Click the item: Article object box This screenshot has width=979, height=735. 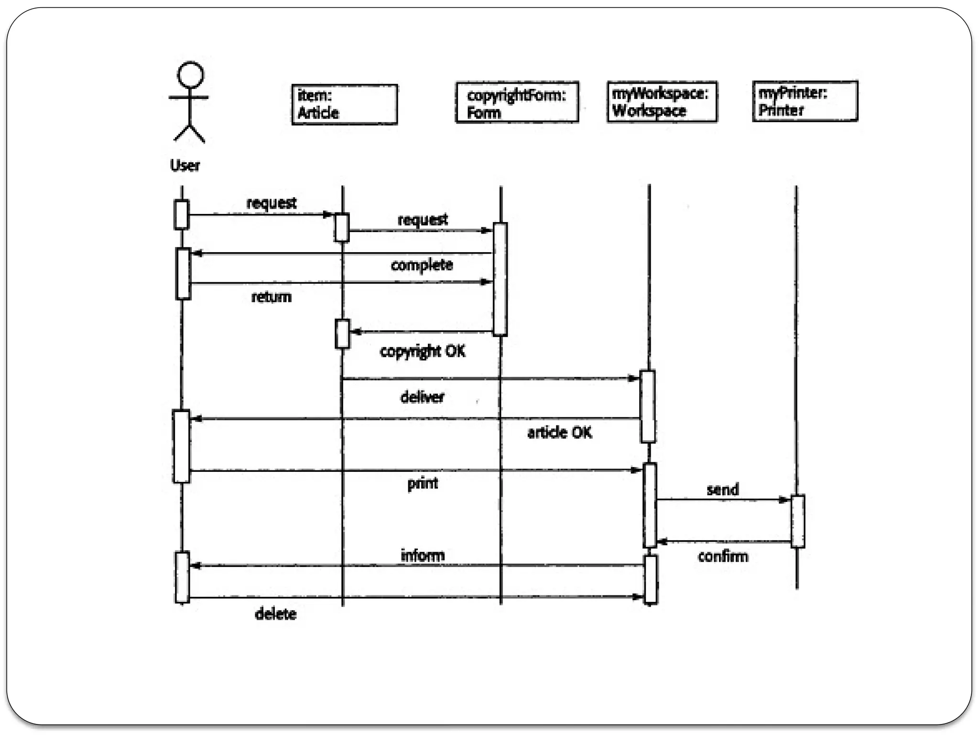coord(344,104)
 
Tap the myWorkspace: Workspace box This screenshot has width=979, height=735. coord(662,101)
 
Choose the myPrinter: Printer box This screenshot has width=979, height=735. coord(805,101)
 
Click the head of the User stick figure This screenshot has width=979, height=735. coord(190,75)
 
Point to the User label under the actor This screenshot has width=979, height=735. coord(185,166)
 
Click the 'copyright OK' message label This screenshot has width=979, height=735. coord(422,351)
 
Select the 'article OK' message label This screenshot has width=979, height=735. coord(559,433)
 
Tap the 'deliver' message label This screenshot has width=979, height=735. coord(422,397)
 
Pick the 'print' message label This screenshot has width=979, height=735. coord(422,483)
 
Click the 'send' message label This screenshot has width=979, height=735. coord(722,490)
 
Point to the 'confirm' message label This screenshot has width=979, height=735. coord(723,556)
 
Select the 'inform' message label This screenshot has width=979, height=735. coord(422,555)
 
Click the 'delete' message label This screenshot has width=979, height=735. coord(275,613)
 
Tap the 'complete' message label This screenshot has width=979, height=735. coord(422,265)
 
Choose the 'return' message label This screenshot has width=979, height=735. coord(271,297)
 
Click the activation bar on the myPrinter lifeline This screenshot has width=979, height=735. coord(797,521)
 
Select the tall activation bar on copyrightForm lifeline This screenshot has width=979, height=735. coord(500,279)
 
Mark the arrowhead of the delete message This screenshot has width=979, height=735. coord(638,597)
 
